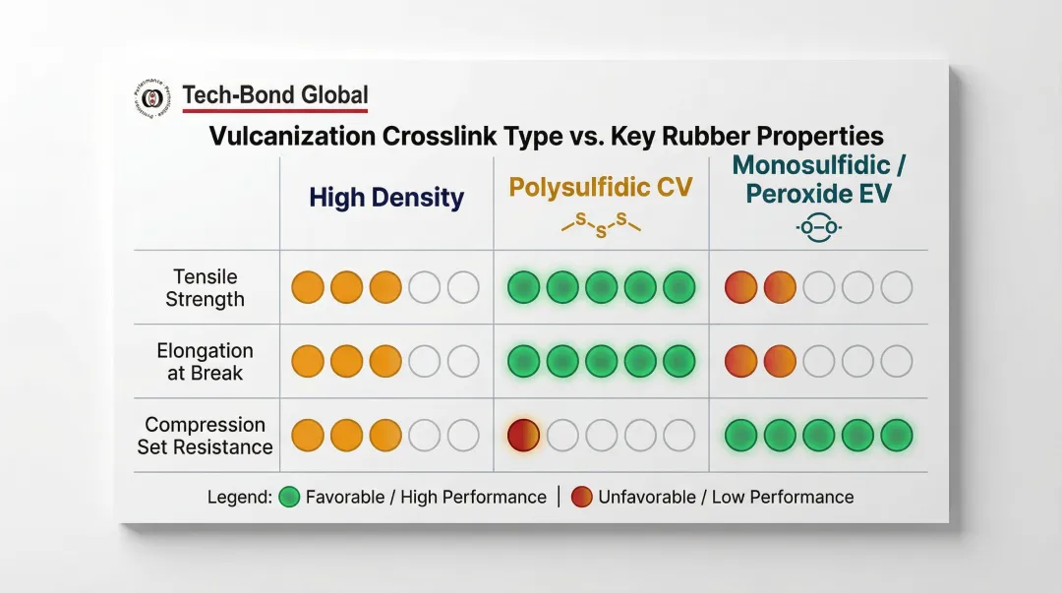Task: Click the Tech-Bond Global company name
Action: [275, 95]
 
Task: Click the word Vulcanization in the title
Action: [288, 136]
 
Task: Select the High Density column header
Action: [386, 198]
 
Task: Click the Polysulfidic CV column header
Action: [601, 187]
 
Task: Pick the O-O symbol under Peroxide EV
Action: [818, 228]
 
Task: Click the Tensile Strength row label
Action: [206, 288]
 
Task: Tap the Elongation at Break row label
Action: [206, 362]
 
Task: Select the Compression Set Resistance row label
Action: [206, 436]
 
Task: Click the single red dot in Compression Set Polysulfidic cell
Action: [523, 435]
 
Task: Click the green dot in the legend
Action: [290, 497]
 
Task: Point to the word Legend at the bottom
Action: [239, 497]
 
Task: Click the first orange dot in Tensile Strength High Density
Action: [308, 288]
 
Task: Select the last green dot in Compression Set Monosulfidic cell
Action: [896, 435]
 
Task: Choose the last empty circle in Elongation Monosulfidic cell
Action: [896, 362]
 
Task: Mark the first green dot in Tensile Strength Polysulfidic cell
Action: [523, 288]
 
